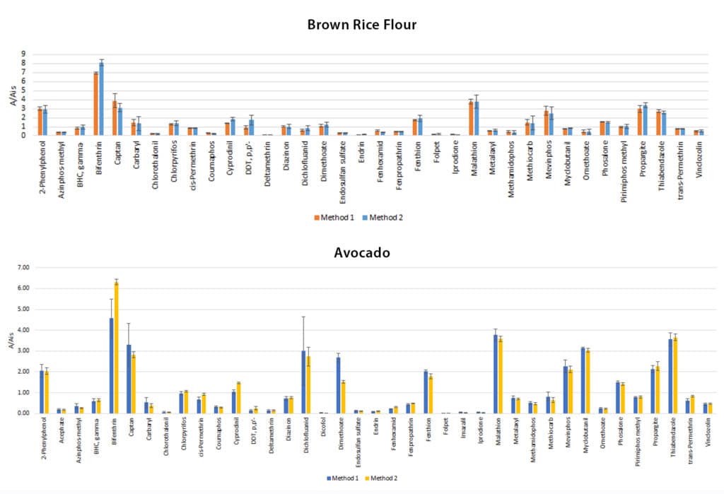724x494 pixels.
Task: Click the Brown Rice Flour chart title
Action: [361, 25]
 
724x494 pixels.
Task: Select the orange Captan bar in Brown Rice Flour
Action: [115, 117]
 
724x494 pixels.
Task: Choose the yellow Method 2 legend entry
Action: [381, 478]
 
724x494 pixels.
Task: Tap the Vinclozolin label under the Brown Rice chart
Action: [699, 157]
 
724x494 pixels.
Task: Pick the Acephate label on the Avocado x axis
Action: [60, 433]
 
